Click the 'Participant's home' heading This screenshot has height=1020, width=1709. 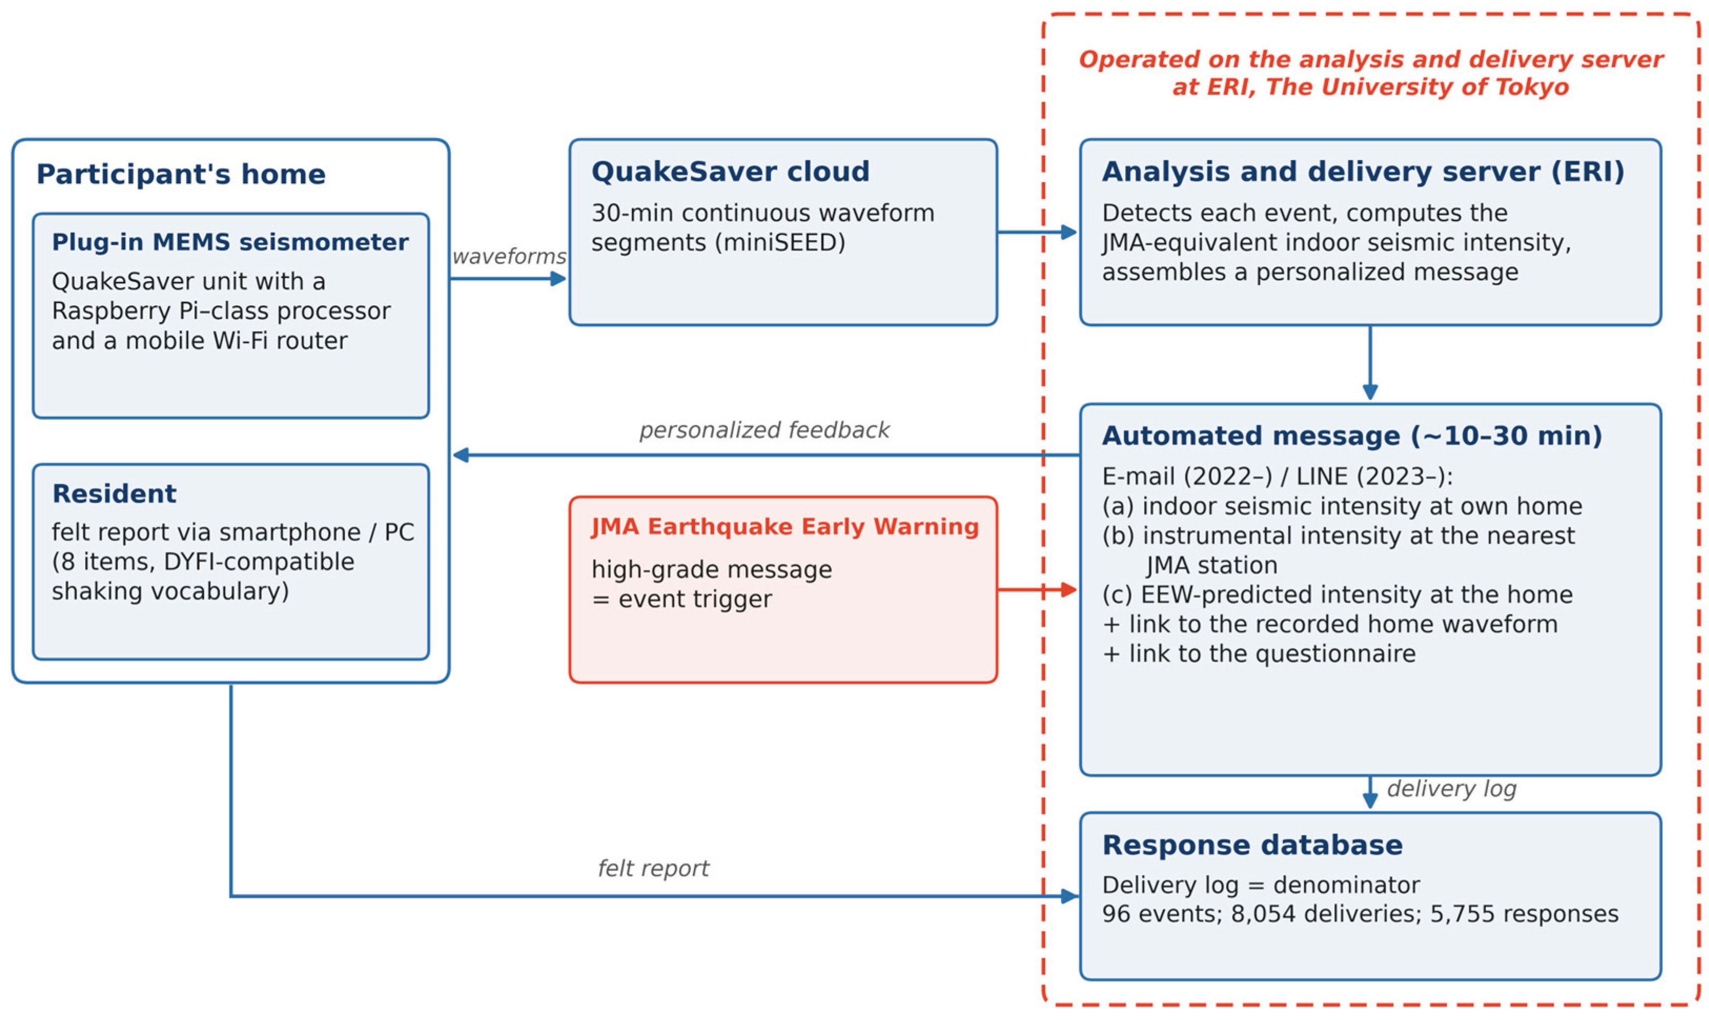coord(181,174)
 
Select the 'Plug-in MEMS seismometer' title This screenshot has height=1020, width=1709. coord(230,242)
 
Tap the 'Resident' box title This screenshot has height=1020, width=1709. coord(114,494)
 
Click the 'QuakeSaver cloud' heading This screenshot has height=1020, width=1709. coord(730,172)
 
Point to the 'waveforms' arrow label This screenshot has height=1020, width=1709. coord(509,256)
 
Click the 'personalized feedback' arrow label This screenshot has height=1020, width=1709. coord(764,430)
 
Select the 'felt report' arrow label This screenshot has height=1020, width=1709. coord(653,868)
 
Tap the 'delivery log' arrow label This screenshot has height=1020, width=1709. coord(1451,788)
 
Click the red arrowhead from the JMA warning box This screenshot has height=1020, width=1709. coord(1069,590)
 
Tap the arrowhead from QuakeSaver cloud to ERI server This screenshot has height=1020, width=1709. coord(1069,232)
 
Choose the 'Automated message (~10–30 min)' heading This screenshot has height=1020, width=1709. coord(1352,436)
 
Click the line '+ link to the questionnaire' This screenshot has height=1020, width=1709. coord(1258,654)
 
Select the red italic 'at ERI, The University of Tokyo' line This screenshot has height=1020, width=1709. coord(1370,87)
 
